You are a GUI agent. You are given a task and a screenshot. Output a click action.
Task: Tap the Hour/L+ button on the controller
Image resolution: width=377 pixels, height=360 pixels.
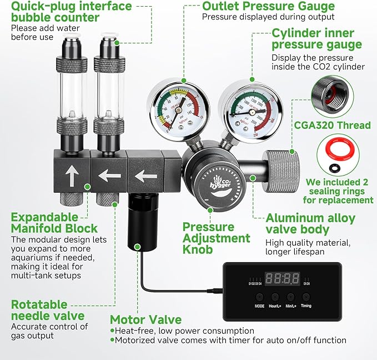pos(275,297)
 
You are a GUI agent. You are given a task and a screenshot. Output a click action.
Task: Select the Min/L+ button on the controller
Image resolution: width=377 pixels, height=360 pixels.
pos(290,297)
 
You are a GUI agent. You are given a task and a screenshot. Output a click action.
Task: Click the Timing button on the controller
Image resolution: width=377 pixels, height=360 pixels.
pos(306,297)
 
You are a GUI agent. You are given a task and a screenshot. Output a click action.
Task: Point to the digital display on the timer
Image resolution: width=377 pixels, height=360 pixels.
pos(283,278)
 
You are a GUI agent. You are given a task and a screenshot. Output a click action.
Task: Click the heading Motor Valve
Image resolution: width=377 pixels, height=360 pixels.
pos(145,319)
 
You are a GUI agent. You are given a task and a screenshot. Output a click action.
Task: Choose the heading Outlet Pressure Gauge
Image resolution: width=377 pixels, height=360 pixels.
pos(268,7)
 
